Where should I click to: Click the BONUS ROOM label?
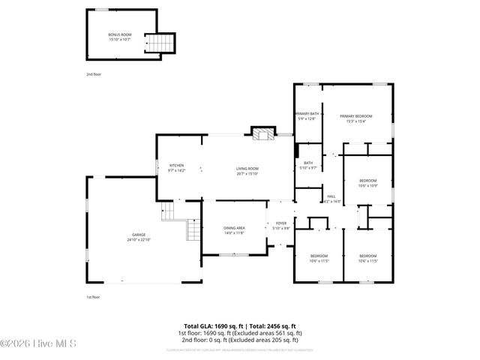pyautogui.click(x=119, y=34)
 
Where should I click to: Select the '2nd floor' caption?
pyautogui.click(x=93, y=75)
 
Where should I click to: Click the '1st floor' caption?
pyautogui.click(x=93, y=296)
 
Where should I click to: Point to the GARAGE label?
pyautogui.click(x=139, y=235)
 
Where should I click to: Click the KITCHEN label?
pyautogui.click(x=177, y=165)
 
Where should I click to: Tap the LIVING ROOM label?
pyautogui.click(x=247, y=169)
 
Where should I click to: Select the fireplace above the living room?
pyautogui.click(x=261, y=135)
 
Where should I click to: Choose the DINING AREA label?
pyautogui.click(x=234, y=229)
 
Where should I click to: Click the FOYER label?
pyautogui.click(x=281, y=223)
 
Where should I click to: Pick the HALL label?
pyautogui.click(x=331, y=196)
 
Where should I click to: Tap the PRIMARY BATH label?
pyautogui.click(x=307, y=113)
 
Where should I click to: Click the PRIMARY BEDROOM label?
pyautogui.click(x=355, y=115)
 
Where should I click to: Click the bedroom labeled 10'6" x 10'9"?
pyautogui.click(x=367, y=182)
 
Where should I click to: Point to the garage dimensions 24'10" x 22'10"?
pyautogui.click(x=139, y=240)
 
